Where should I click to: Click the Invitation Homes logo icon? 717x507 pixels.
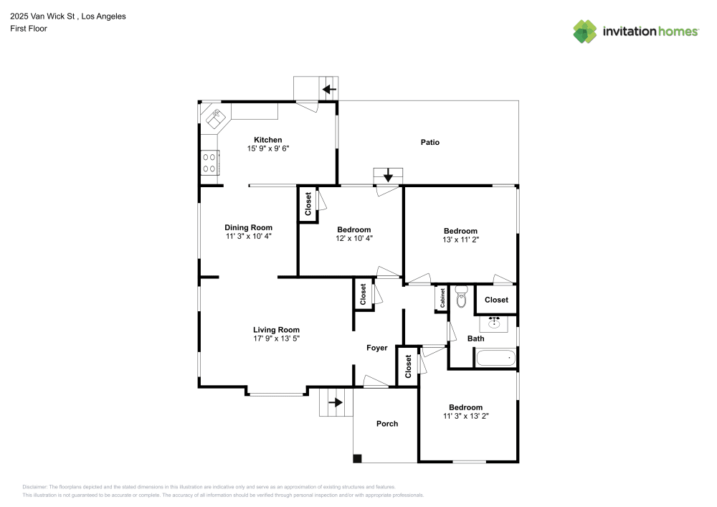(585, 31)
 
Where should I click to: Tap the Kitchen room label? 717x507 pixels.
(269, 140)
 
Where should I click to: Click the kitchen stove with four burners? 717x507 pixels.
(209, 162)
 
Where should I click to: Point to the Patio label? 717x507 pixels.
(429, 142)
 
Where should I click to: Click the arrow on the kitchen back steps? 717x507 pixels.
(329, 90)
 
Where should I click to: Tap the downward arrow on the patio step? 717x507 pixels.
(388, 175)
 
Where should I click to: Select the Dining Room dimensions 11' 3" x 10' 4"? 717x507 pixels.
(248, 236)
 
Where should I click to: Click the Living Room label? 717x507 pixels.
(276, 330)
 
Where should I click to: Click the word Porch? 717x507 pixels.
(387, 424)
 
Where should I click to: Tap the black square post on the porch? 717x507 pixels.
(357, 458)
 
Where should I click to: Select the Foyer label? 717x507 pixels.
(377, 348)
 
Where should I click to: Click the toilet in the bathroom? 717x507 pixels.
(461, 296)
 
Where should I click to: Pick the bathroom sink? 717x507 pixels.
(494, 322)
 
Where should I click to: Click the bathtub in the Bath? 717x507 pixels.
(495, 357)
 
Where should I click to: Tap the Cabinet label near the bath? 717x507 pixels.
(442, 298)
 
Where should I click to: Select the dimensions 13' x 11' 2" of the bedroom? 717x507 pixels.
(460, 240)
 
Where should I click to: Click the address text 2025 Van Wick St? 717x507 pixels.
(44, 16)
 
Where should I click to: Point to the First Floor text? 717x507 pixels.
(28, 29)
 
